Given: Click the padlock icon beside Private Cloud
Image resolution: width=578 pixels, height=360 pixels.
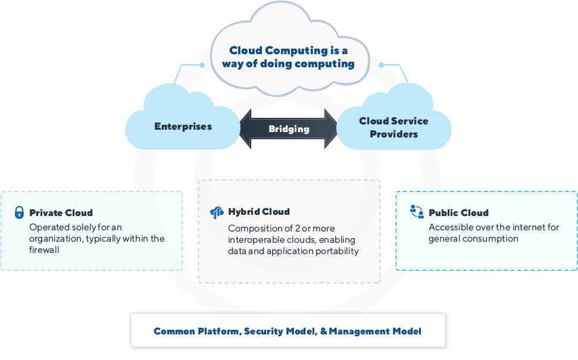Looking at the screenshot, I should click(x=19, y=212).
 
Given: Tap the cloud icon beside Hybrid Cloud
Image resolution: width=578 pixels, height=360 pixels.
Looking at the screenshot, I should click(x=215, y=212).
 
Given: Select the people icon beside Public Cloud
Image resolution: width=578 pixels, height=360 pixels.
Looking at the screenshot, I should click(x=416, y=212).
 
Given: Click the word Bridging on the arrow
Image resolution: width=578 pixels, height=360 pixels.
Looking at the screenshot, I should click(x=289, y=129).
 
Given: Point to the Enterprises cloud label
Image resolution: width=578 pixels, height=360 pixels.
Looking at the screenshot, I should click(x=183, y=126).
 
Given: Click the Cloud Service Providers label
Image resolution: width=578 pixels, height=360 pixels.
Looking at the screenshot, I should click(x=393, y=127).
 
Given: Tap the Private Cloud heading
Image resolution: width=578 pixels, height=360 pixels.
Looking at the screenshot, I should click(x=61, y=212).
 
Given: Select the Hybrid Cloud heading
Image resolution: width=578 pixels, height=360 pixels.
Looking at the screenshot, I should click(x=258, y=211).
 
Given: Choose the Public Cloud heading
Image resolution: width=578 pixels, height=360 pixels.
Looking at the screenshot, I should click(x=458, y=212).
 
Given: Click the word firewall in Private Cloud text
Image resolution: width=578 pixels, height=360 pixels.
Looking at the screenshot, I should click(x=45, y=251).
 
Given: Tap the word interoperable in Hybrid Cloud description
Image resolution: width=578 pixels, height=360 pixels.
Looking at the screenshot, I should click(x=257, y=240).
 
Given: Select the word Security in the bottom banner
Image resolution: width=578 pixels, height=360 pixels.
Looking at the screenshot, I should click(x=264, y=331).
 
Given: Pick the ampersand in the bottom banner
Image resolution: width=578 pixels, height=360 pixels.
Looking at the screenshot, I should click(x=324, y=331).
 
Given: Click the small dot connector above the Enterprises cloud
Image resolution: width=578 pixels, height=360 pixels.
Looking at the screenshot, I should click(x=202, y=65).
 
